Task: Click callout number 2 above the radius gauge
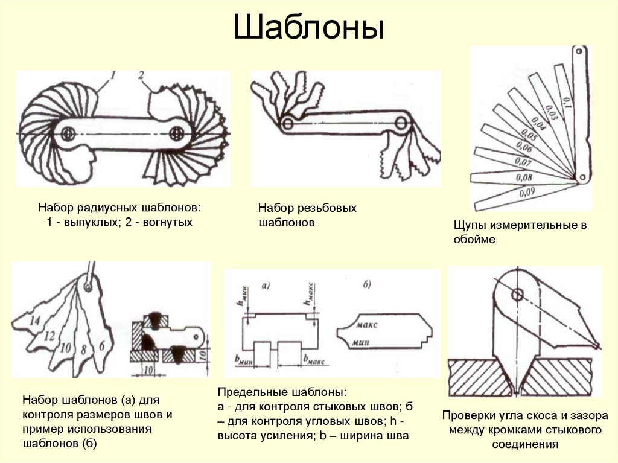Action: [140, 75]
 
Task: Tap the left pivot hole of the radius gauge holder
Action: [68, 133]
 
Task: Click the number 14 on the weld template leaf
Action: [34, 321]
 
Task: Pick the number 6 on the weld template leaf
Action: [101, 345]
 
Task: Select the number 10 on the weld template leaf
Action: [65, 347]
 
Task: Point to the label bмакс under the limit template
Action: [313, 360]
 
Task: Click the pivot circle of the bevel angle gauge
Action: [517, 295]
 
